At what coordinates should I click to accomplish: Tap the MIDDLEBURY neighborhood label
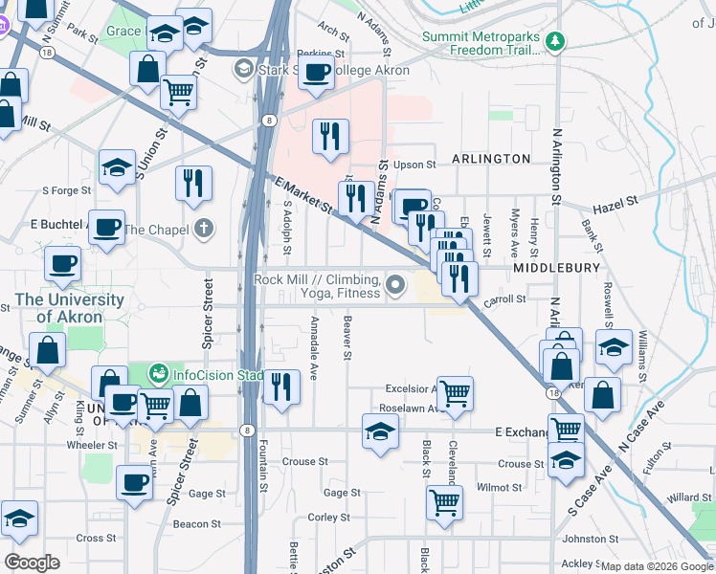[556, 269]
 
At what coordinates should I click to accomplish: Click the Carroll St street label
[506, 299]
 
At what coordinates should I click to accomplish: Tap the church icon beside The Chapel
[202, 229]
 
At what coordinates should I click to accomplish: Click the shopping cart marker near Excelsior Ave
[457, 392]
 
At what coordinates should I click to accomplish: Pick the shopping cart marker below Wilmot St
[444, 500]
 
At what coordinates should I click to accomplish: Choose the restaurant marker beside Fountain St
[280, 386]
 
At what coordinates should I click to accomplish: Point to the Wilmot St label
[500, 487]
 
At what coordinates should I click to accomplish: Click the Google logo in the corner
[32, 563]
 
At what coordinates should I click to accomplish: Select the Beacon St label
[197, 524]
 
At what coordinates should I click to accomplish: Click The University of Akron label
[70, 308]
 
